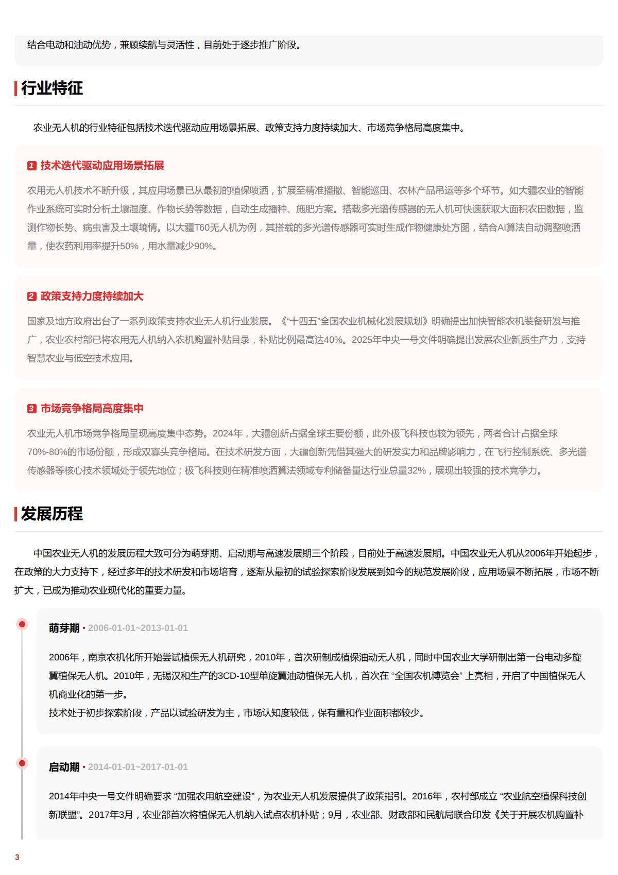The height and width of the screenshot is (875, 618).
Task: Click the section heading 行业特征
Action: point(51,88)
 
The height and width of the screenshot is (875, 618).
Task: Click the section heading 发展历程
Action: point(51,514)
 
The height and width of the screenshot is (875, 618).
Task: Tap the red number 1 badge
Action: point(32,166)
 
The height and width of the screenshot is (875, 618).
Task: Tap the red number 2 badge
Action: point(32,296)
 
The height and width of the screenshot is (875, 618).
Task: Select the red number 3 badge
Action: point(32,409)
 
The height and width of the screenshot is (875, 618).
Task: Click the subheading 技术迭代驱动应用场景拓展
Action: point(102,165)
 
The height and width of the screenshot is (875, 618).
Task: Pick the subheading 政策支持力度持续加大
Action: point(92,296)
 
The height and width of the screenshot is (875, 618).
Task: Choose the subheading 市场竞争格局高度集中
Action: point(92,408)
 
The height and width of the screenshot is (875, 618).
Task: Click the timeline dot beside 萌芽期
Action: point(22,624)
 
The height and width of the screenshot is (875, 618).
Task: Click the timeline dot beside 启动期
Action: point(22,763)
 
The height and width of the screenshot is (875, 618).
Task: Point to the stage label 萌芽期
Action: point(64,628)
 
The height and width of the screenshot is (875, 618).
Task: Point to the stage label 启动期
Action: point(64,767)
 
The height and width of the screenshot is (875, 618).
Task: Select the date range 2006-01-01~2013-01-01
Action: point(138,628)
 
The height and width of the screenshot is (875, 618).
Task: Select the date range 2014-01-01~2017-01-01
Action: point(138,767)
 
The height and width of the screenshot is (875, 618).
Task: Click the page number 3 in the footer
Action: point(17,857)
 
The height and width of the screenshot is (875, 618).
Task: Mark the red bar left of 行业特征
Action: point(16,88)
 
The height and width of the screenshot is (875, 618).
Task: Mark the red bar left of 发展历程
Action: point(16,514)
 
